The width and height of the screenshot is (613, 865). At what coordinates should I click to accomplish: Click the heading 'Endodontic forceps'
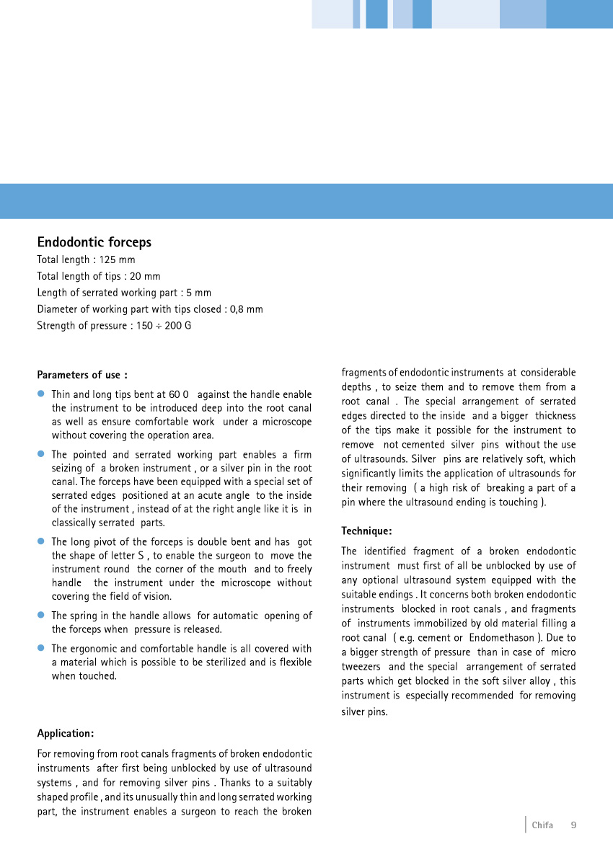click(94, 242)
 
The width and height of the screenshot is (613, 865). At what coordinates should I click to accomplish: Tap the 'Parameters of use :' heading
click(82, 375)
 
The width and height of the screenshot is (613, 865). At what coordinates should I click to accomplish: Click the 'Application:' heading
click(66, 734)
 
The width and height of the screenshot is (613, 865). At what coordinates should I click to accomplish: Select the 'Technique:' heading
click(366, 531)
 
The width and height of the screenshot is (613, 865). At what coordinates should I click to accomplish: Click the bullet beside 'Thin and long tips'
click(42, 394)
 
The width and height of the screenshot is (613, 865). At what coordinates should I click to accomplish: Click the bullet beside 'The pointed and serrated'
click(42, 454)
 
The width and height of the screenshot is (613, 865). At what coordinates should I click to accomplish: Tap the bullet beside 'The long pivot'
click(42, 541)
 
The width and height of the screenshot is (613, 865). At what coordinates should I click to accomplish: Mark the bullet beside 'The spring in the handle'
click(42, 616)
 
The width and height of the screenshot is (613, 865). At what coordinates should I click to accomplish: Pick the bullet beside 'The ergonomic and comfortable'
click(42, 649)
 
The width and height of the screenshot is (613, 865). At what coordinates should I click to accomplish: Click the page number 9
click(573, 825)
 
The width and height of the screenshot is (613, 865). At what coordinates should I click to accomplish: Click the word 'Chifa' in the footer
click(542, 825)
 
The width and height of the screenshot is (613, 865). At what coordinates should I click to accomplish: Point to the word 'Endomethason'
click(503, 638)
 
